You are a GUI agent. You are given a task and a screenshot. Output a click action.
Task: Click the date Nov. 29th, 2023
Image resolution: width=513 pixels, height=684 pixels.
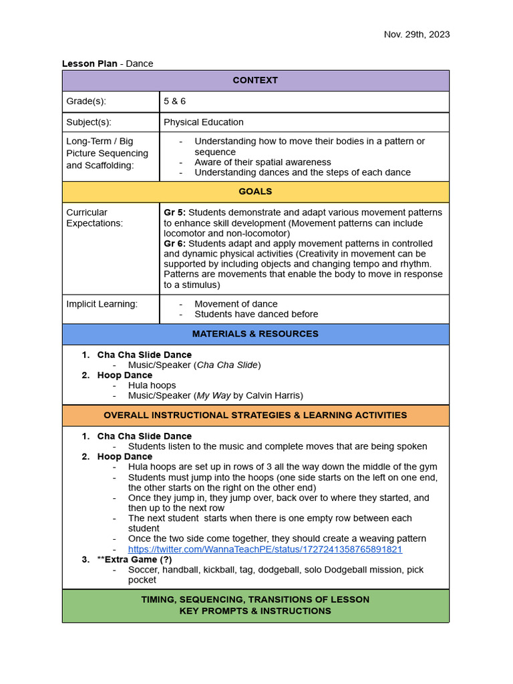tap(416, 34)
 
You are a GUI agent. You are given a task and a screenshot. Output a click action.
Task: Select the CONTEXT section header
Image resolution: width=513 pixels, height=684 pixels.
tap(255, 80)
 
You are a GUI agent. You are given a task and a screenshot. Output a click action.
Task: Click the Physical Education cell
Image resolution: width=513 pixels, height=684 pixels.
tap(204, 122)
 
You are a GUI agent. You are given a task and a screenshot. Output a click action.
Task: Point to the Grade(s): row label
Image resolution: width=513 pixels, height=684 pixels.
tap(86, 102)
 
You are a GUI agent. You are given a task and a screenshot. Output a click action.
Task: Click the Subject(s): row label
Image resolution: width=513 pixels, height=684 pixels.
tap(89, 122)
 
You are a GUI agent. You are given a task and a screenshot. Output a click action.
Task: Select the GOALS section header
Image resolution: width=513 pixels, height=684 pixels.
tap(255, 192)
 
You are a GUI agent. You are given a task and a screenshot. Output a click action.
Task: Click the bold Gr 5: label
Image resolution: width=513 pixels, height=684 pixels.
tap(174, 212)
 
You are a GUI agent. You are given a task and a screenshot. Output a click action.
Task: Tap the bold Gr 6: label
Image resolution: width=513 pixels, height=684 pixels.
tap(174, 244)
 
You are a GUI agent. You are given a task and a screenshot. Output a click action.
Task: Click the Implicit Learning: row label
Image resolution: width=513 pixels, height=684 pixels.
tap(102, 304)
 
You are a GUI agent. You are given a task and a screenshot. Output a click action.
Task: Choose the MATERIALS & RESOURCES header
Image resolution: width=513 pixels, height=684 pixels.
tap(255, 334)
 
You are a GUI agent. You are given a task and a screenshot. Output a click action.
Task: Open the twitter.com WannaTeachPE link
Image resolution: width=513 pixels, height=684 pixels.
tap(265, 549)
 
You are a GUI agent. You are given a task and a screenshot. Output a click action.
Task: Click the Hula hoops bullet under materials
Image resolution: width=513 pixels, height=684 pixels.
tap(152, 385)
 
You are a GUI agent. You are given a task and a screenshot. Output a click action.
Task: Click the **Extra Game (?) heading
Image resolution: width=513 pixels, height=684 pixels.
tap(134, 559)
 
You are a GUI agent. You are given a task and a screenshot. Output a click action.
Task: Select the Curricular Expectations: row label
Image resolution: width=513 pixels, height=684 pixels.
tap(94, 218)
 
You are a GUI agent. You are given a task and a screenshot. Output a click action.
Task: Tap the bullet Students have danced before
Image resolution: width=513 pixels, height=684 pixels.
tap(256, 314)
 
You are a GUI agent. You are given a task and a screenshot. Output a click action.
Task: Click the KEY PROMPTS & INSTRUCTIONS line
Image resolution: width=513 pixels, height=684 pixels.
tap(255, 611)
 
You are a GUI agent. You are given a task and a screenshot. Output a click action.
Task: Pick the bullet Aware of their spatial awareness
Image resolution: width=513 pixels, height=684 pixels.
tap(263, 162)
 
